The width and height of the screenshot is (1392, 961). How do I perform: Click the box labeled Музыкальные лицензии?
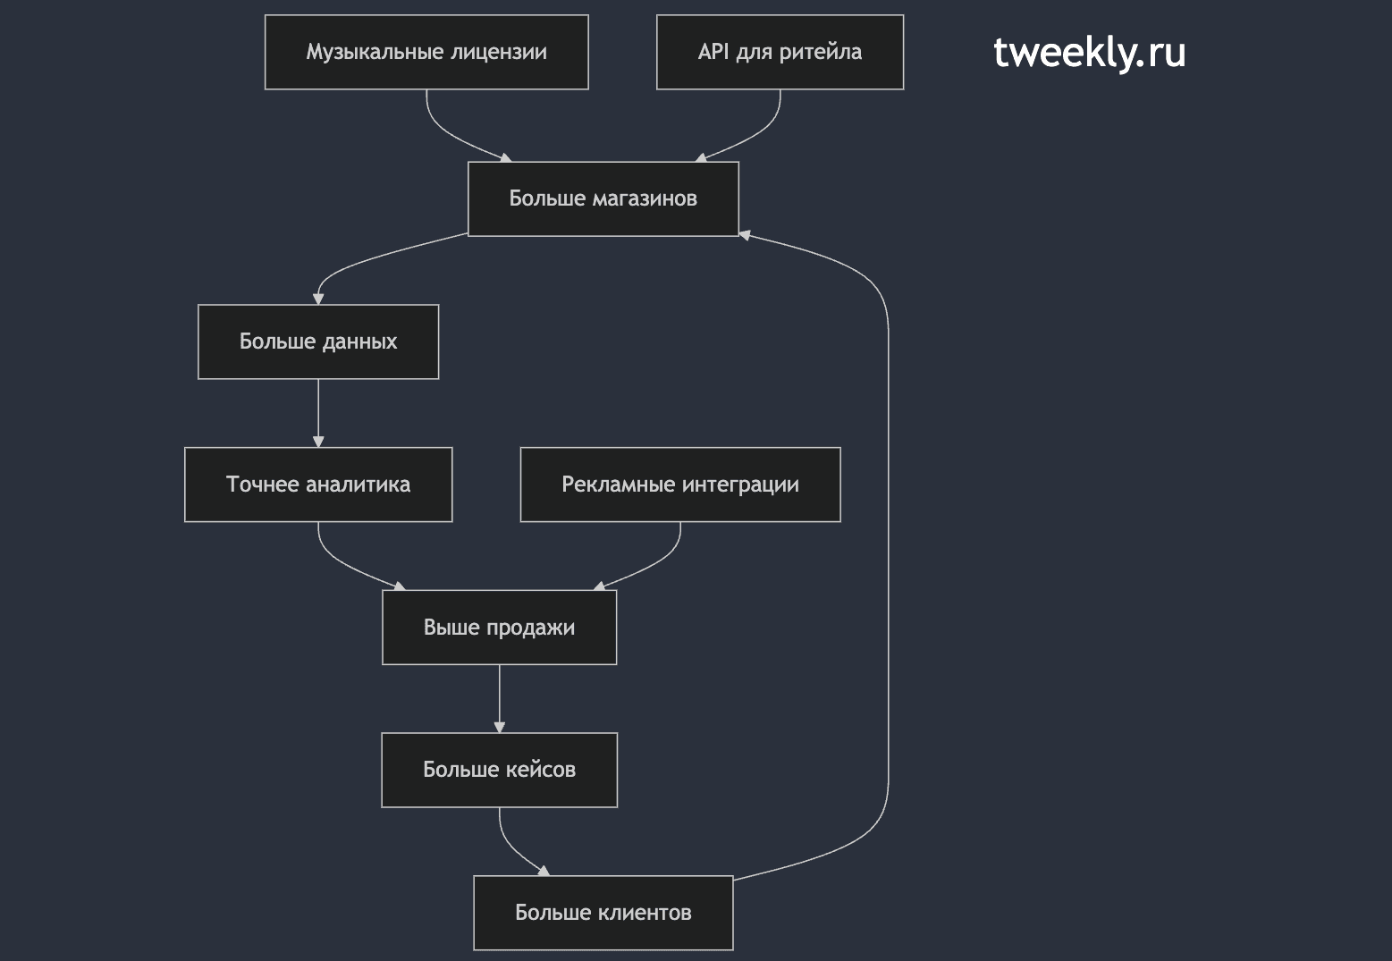[x=426, y=52]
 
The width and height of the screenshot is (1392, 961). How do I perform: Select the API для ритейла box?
[x=780, y=52]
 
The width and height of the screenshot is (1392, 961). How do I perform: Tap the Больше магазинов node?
[x=603, y=198]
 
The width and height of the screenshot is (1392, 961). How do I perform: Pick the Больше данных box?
[x=318, y=341]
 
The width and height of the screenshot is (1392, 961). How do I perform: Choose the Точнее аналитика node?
[x=318, y=485]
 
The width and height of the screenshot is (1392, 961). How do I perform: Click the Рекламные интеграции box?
[x=680, y=485]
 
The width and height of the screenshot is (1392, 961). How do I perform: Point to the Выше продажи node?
[x=499, y=628]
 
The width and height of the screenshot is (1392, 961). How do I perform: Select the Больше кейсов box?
[x=499, y=771]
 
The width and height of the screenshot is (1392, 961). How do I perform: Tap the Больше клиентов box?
[x=603, y=913]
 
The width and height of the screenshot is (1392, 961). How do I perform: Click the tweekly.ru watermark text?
[x=1089, y=52]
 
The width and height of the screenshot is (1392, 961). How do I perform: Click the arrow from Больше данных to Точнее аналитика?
[x=318, y=413]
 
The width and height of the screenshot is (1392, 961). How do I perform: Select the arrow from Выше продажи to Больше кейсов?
[x=499, y=699]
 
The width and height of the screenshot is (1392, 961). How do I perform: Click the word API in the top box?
[x=713, y=51]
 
